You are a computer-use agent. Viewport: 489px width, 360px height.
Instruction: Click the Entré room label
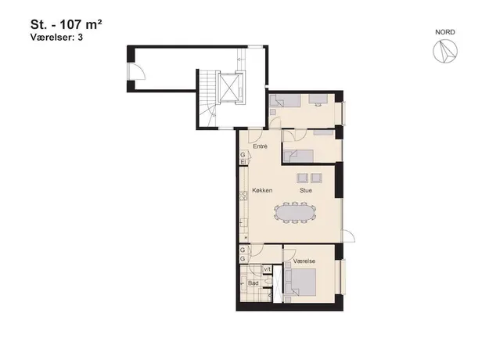point(260,146)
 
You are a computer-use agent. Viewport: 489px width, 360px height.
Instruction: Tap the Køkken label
point(262,190)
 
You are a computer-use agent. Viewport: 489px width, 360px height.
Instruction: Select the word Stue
point(306,190)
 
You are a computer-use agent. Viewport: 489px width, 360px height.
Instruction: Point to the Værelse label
point(304,261)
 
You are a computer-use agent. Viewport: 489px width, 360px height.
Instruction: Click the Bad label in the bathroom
point(253,283)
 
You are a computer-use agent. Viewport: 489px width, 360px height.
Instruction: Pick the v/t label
point(268,269)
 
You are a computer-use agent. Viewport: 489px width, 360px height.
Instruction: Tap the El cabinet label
point(243,162)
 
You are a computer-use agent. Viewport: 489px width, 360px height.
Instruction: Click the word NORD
point(445,32)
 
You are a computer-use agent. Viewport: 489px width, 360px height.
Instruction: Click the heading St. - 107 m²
point(67,24)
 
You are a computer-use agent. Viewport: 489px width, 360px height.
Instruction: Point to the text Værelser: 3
point(56,37)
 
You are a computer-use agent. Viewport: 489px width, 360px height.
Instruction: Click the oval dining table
point(295,213)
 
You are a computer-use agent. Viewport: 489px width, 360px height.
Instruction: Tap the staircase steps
point(207,98)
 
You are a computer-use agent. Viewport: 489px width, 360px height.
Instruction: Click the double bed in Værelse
point(300,283)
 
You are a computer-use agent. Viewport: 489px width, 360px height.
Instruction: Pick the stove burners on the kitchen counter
point(243,196)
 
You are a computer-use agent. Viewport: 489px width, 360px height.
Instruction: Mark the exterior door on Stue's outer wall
point(349,236)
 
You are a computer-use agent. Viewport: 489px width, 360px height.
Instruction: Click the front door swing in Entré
point(255,135)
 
